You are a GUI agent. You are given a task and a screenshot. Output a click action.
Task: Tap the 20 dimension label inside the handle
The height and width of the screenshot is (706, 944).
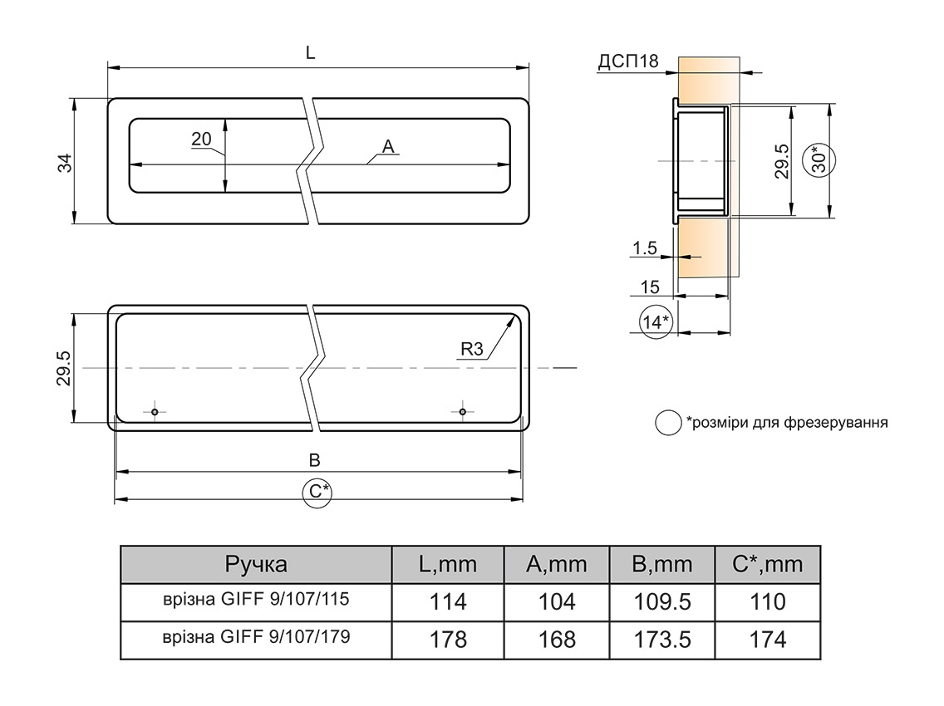[201, 139]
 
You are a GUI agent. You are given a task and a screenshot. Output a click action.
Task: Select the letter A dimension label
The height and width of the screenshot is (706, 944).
[388, 147]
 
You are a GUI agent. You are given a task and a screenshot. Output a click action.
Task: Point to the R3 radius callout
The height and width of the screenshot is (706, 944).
[471, 350]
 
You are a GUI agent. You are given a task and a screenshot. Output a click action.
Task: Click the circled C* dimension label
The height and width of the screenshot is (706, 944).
[317, 492]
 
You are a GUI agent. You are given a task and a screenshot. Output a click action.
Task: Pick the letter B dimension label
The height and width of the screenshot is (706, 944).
[314, 461]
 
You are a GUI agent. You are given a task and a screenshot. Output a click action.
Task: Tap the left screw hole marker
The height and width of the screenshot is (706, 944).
[155, 411]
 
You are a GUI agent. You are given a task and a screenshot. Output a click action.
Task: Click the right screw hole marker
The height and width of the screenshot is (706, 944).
[463, 411]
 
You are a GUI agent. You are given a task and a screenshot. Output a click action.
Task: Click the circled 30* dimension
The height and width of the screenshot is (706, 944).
[819, 158]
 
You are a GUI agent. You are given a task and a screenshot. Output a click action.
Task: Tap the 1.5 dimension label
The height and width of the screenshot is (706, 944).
[644, 248]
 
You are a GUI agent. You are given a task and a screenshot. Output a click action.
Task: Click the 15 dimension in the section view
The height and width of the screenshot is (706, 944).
[650, 287]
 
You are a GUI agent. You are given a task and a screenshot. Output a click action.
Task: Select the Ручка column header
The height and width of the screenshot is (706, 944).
[256, 565]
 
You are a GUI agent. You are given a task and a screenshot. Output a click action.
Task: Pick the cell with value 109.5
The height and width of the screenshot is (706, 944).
[661, 601]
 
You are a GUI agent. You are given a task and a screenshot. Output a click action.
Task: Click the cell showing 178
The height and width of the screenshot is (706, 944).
[449, 640]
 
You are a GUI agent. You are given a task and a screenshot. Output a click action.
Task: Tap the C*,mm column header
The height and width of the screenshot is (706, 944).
[767, 565]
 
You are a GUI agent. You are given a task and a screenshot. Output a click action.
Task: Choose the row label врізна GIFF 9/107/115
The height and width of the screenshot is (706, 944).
[256, 601]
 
